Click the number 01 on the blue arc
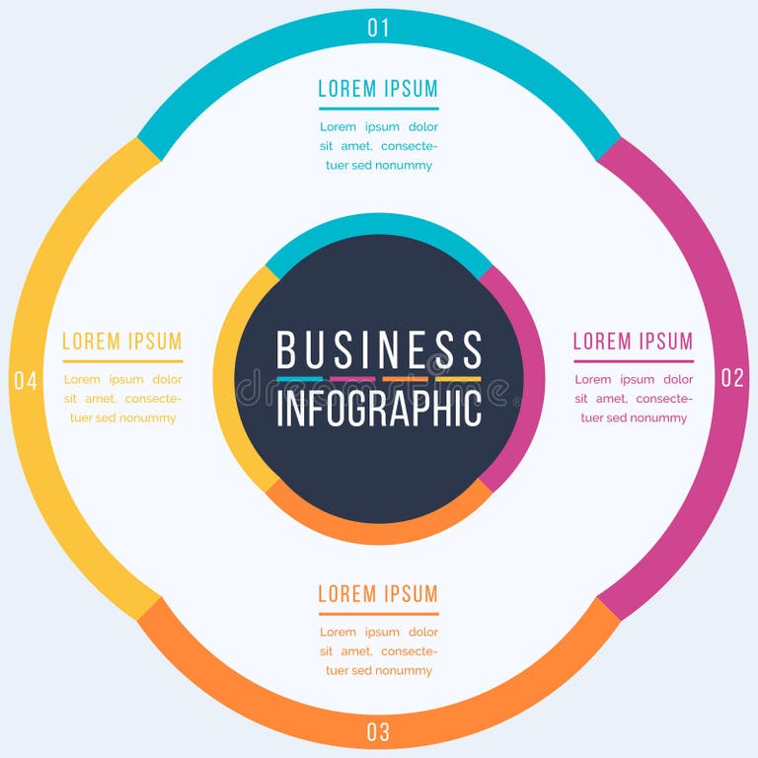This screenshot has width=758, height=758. [x=378, y=28]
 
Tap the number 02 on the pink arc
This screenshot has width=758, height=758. [x=731, y=378]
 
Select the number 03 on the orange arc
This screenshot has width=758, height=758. [x=378, y=731]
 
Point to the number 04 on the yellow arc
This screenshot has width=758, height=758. [x=26, y=380]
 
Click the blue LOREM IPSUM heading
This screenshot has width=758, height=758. [x=378, y=89]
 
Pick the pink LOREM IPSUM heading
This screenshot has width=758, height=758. [x=633, y=341]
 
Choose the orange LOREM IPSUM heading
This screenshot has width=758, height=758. [x=378, y=594]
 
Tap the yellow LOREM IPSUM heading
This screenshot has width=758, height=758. [x=122, y=341]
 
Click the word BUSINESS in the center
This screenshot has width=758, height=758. [x=379, y=350]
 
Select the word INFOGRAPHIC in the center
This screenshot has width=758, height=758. [x=379, y=408]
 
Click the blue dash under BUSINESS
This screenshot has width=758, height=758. [x=300, y=379]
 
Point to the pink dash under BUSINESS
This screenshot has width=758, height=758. [x=352, y=379]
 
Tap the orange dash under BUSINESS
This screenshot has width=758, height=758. [x=405, y=379]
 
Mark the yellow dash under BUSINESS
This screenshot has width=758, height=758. [x=458, y=379]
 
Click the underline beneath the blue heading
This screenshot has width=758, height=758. [x=378, y=108]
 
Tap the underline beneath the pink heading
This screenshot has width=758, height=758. [x=633, y=361]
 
